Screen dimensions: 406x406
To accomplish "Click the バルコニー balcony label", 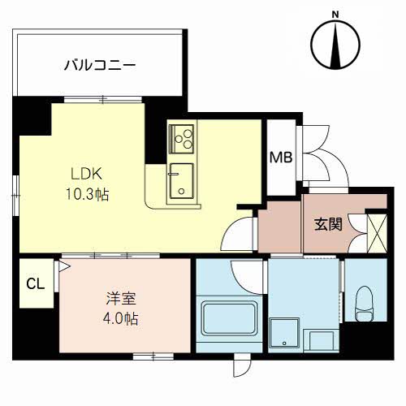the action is click(100, 66).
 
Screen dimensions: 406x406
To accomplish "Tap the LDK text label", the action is click(86, 174).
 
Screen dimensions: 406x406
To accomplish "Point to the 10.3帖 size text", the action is click(87, 194).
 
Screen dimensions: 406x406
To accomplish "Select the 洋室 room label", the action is click(121, 299).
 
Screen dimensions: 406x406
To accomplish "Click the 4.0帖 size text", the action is click(120, 318).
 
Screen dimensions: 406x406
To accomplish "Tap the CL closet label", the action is click(36, 284).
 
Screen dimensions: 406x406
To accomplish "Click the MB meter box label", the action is click(281, 158).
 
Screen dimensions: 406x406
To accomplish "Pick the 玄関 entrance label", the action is click(328, 224).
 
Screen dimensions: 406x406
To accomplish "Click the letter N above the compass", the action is click(335, 15).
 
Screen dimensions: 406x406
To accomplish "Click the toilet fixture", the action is click(365, 304).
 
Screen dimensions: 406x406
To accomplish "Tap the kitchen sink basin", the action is click(182, 181).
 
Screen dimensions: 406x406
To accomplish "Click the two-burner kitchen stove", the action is click(181, 138).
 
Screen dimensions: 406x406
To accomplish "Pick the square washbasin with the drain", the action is click(284, 333).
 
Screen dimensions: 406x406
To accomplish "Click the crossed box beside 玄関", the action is click(377, 233).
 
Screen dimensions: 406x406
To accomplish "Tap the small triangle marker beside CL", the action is click(64, 266).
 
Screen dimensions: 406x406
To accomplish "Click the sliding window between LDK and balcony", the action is click(103, 100).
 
